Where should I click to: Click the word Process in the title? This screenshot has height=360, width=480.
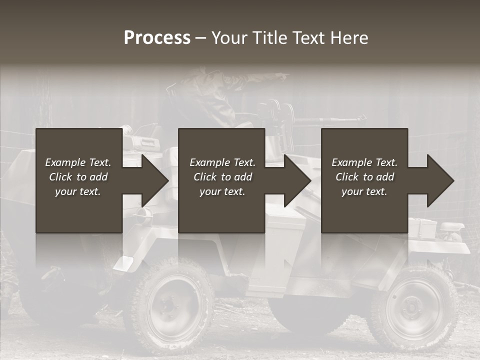[157, 38]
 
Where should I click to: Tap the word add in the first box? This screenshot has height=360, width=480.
[99, 177]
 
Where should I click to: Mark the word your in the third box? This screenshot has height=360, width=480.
[353, 191]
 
